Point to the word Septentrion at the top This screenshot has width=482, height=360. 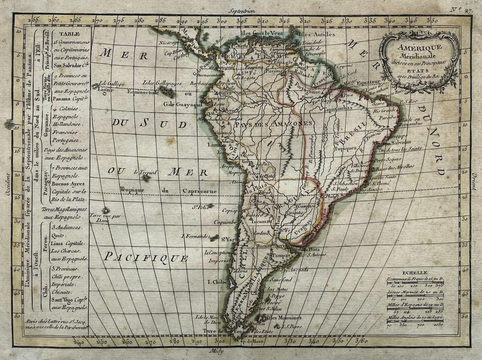[241, 9]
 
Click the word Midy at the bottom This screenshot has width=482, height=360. [217, 351]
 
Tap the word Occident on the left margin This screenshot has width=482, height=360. [7, 184]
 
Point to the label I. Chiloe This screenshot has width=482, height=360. [217, 282]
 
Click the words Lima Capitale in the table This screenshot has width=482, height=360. [67, 243]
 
